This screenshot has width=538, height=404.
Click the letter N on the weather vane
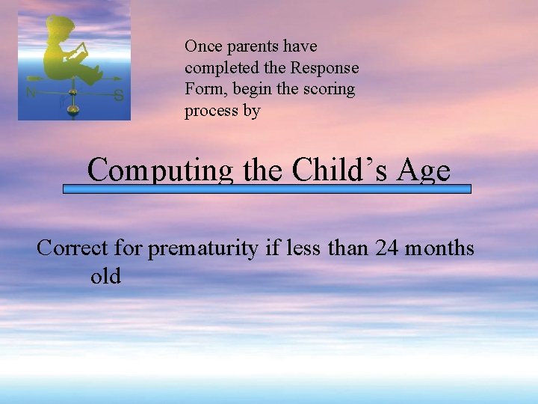point(31,94)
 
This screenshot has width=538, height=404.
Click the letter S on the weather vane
point(118,95)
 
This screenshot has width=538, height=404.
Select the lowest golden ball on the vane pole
point(72,110)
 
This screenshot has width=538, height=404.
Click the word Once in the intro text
point(202,46)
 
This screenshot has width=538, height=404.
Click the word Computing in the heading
point(161,171)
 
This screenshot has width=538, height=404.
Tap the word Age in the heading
point(424,171)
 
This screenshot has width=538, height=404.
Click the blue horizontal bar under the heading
point(267,189)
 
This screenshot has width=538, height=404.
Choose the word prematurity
point(202,247)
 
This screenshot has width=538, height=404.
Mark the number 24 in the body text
point(389,247)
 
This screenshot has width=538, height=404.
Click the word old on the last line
point(105,276)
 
